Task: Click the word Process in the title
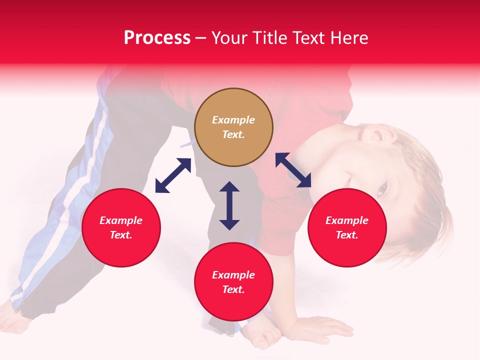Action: point(157,38)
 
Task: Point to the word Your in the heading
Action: point(229,38)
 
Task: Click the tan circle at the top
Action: point(233,127)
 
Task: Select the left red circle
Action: point(121,227)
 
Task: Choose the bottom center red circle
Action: point(233,282)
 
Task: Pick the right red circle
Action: point(346,227)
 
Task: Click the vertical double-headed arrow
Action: point(229,205)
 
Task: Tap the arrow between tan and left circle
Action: point(173,175)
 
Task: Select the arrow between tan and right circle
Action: point(293,170)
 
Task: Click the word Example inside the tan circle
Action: point(233,120)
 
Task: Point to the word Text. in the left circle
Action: point(121,235)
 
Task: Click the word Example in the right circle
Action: point(346,220)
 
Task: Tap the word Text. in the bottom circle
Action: point(233,289)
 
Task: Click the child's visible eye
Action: point(382,189)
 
